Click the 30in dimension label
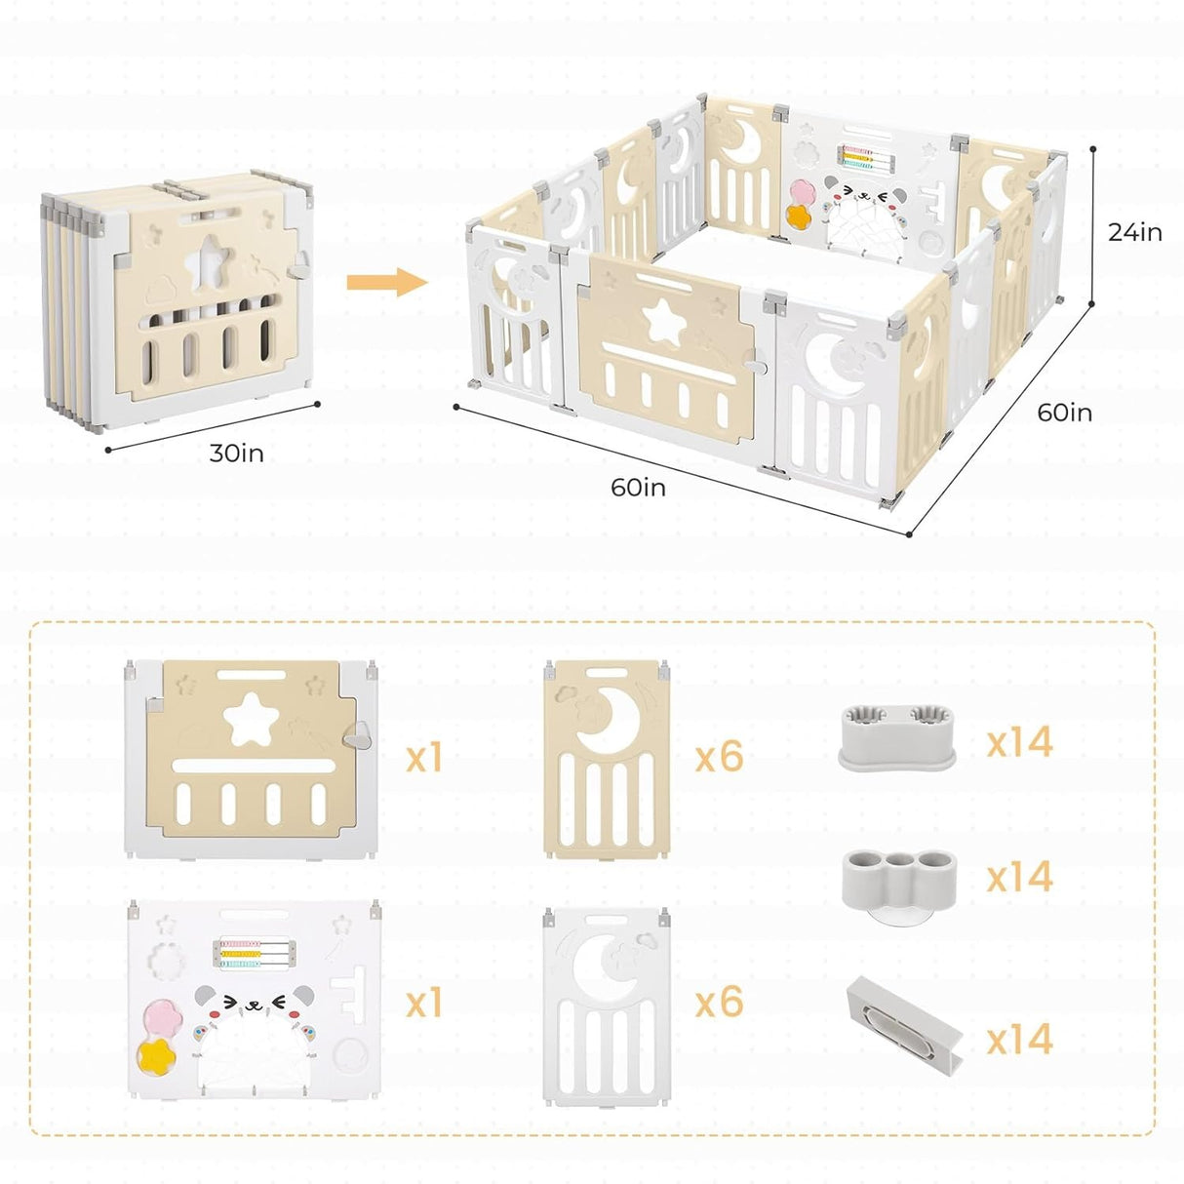point(236,454)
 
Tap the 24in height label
point(1134,232)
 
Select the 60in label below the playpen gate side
point(638,487)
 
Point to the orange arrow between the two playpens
point(387,283)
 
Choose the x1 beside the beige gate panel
point(423,757)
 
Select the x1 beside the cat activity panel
point(423,1003)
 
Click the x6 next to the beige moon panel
point(719,757)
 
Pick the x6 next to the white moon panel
point(719,1003)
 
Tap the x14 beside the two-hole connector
point(1019,742)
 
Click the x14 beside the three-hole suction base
point(1019,877)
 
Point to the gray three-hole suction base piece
point(898,875)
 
